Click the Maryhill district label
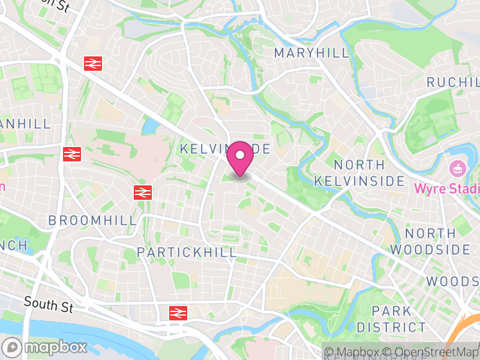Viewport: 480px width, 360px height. (x=311, y=53)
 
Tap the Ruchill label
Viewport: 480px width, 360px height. (x=453, y=82)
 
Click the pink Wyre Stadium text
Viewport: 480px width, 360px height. (x=447, y=188)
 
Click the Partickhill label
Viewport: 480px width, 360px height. (x=187, y=252)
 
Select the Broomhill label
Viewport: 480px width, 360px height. (x=93, y=220)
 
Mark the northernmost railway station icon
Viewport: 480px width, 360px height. (x=92, y=62)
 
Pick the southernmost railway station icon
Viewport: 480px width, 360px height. (x=178, y=312)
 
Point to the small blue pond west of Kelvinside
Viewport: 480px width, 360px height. (x=149, y=126)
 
